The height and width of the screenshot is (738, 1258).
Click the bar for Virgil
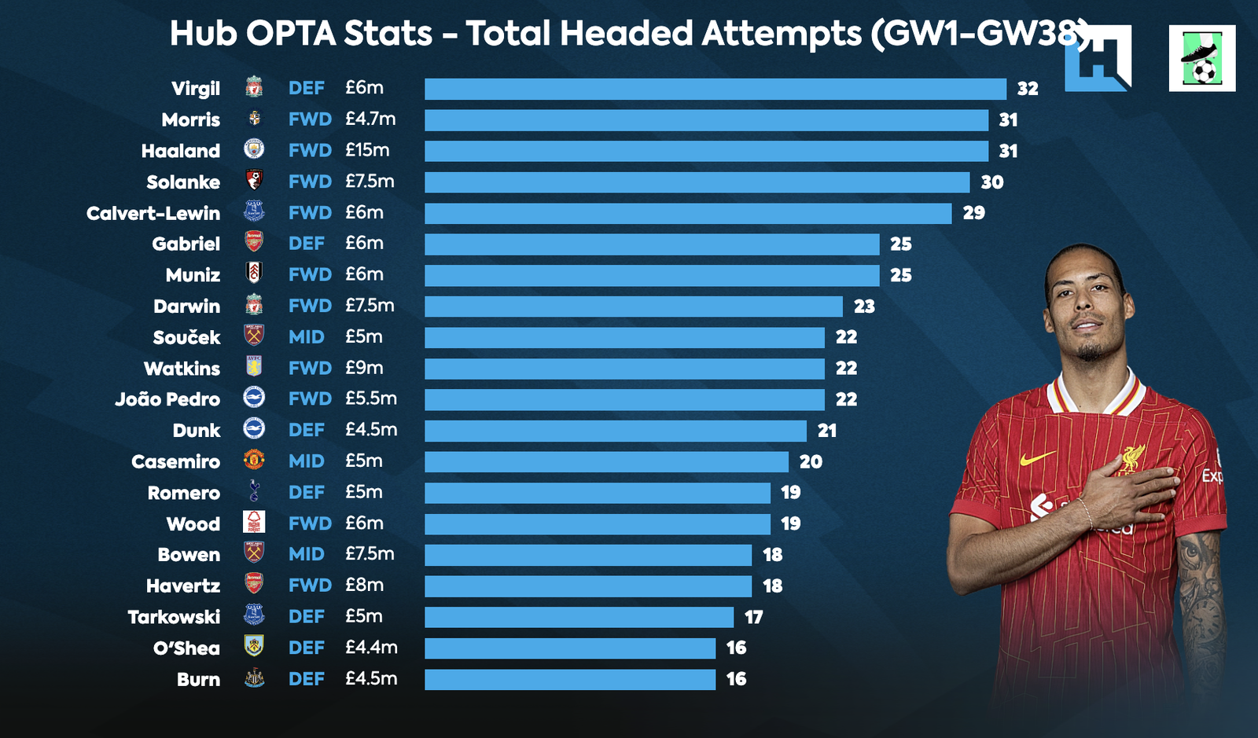[x=715, y=89]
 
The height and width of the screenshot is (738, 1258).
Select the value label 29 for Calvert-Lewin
[x=973, y=213]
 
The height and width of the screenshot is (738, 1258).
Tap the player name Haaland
[x=181, y=151]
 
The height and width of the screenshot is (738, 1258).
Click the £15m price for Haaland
[x=367, y=150]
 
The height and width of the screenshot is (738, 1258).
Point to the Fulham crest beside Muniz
[x=254, y=274]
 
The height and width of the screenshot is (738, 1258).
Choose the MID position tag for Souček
[x=306, y=337]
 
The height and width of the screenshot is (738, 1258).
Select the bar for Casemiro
[x=606, y=461]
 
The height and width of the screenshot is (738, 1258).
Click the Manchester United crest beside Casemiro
[x=254, y=460]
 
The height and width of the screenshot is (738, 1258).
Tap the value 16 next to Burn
[x=736, y=679]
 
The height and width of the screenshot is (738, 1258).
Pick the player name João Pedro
[x=167, y=399]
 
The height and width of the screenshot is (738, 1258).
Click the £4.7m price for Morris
[x=370, y=119]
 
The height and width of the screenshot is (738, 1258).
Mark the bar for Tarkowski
[x=579, y=617]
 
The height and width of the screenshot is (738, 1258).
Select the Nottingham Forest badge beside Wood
[x=254, y=523]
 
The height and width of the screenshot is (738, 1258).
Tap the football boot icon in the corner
[x=1201, y=59]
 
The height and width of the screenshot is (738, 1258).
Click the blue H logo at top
[x=1098, y=59]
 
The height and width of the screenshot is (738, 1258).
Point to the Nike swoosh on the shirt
[x=1037, y=457]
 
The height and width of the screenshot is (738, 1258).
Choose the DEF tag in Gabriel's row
[x=306, y=244]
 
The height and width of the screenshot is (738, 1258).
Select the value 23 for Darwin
[x=864, y=307]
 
